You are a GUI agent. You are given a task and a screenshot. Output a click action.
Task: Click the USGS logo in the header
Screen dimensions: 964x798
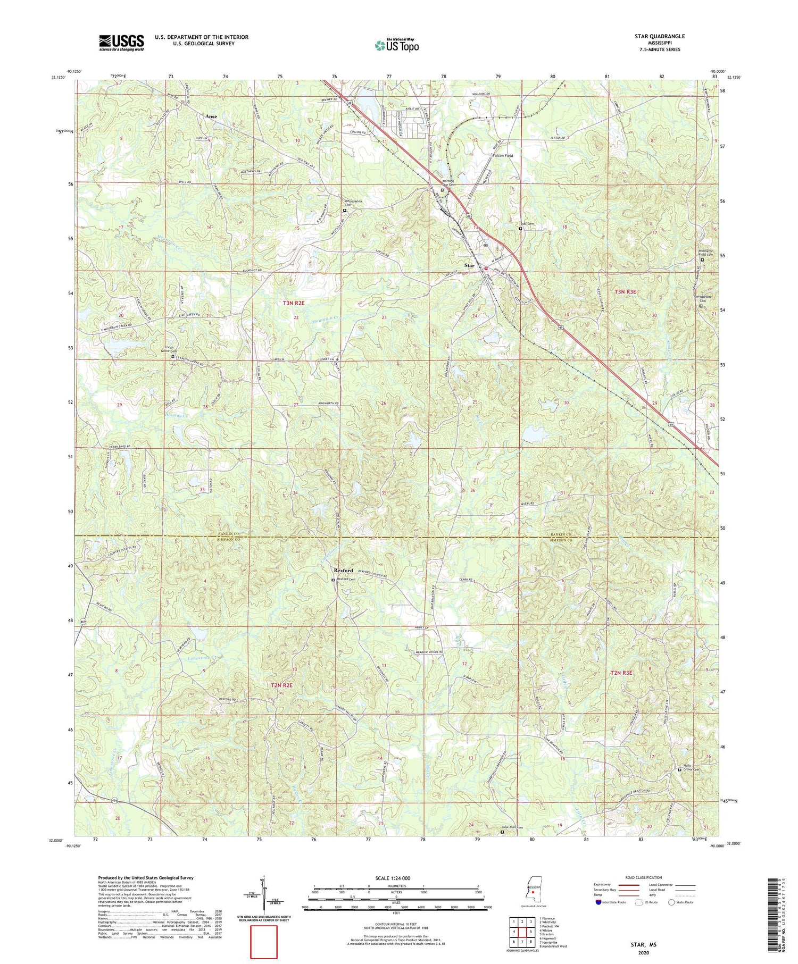coord(121,43)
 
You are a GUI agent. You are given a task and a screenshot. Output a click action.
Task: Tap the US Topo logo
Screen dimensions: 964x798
coord(396,45)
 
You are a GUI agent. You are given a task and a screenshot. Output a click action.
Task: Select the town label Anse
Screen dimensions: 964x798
coord(212,116)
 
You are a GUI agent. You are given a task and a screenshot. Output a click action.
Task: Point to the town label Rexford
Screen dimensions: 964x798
coord(343,571)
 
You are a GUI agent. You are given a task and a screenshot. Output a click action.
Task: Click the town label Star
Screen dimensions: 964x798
coord(469,265)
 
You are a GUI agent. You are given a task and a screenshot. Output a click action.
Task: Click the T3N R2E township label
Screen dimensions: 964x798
coord(294,303)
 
